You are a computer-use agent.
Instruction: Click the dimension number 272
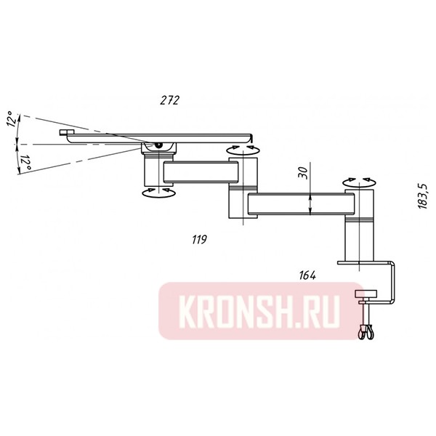pos(170,100)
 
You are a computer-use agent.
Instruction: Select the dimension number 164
pos(307,275)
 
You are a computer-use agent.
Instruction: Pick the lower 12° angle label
pos(25,162)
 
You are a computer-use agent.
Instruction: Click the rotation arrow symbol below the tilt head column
pos(156,191)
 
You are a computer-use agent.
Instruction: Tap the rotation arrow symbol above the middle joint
pos(242,149)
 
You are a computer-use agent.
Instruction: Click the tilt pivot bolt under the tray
pos(159,146)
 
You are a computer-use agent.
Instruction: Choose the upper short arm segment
pos(201,172)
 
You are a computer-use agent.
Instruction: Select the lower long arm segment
pos(298,205)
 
